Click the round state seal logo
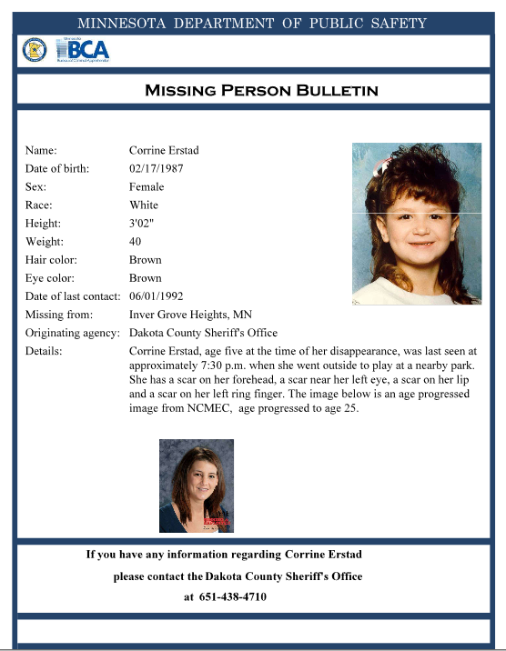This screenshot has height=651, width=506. click(34, 50)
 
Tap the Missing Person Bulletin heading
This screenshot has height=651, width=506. click(261, 90)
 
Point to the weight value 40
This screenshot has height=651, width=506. click(136, 241)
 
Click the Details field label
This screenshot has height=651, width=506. click(43, 350)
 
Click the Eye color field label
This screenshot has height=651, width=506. click(50, 277)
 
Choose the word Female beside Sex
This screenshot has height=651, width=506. click(147, 186)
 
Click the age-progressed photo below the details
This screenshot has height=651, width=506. click(196, 486)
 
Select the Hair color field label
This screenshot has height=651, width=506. click(51, 259)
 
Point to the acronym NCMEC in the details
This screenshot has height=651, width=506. click(284, 408)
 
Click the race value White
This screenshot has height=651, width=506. click(144, 205)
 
